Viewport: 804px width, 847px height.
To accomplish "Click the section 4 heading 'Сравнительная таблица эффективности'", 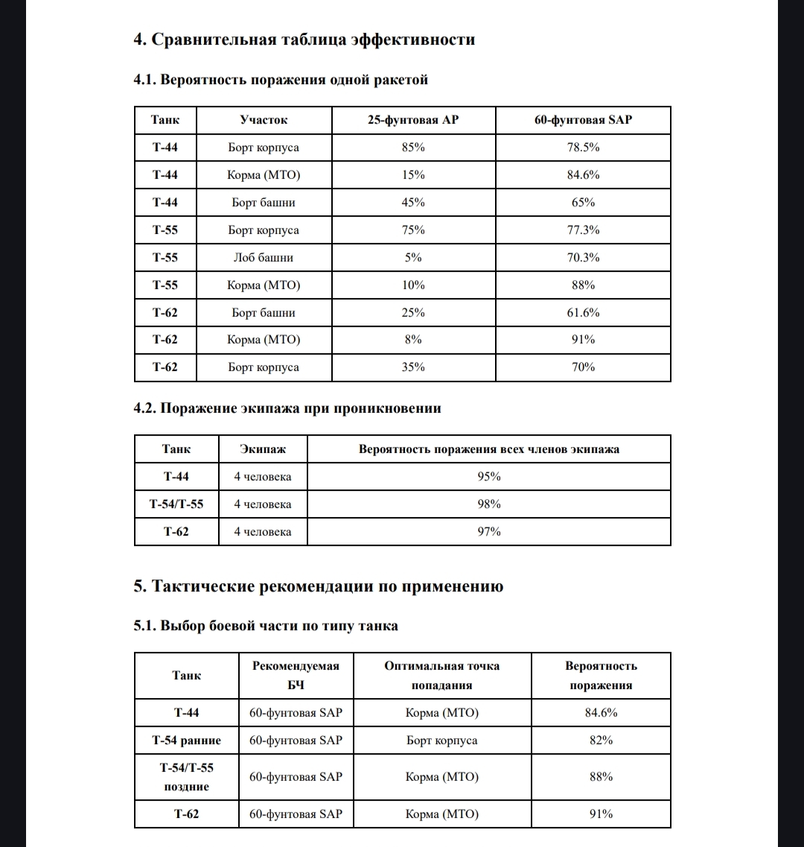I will (304, 39).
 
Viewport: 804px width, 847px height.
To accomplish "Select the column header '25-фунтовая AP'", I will (413, 119).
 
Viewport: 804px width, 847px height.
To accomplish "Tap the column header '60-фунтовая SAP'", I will (583, 119).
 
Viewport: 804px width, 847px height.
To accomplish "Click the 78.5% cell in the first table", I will (583, 147).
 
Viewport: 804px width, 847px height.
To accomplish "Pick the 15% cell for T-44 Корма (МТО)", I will (413, 175).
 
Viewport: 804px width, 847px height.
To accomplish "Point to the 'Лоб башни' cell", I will (264, 258).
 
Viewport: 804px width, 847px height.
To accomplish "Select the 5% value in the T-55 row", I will (413, 258).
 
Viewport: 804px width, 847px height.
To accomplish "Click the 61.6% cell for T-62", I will (583, 312).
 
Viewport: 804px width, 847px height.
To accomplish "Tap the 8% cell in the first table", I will (413, 340).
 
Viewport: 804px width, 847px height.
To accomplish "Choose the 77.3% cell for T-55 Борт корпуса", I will (583, 230).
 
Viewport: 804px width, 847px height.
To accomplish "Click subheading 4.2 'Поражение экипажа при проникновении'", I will (287, 408).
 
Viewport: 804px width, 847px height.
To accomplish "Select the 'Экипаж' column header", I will (263, 449).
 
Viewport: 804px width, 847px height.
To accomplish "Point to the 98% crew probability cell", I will (488, 504).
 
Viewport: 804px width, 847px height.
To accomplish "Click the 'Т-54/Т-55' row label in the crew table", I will (176, 504).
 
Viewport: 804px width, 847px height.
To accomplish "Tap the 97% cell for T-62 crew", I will (488, 532).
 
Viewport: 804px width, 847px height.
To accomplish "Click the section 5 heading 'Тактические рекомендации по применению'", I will (319, 586).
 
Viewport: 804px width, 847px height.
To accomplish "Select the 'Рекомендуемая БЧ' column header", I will (296, 676).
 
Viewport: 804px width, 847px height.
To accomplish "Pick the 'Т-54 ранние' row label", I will (187, 740).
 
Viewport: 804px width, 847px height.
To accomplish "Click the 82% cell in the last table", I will (600, 740).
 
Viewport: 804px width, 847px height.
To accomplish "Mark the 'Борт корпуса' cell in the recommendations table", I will (442, 740).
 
